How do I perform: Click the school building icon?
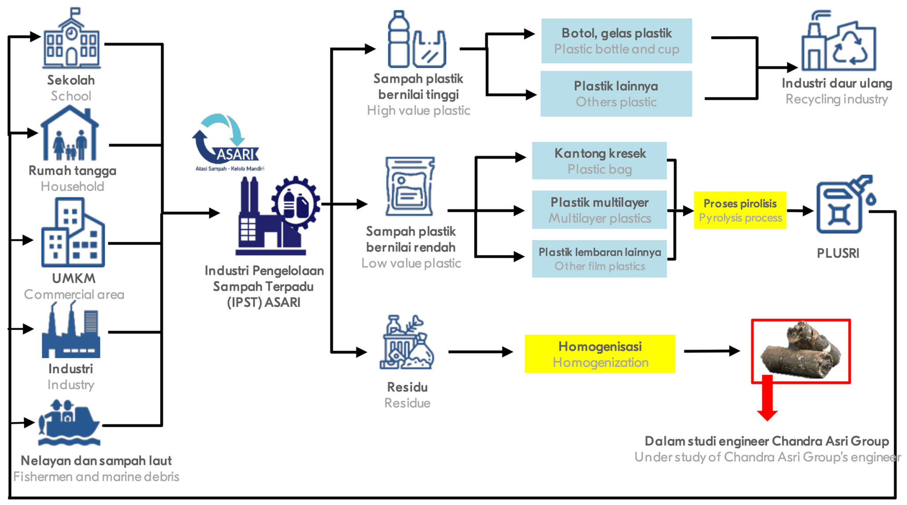71,40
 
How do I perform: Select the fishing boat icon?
69,423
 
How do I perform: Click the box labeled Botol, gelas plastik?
616,41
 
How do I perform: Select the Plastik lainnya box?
616,94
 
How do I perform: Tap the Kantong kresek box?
599,161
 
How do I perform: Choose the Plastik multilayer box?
599,210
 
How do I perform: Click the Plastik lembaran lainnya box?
599,259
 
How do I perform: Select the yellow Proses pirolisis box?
740,210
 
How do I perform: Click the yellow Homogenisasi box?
600,354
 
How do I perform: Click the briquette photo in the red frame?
801,351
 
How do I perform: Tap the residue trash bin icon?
407,343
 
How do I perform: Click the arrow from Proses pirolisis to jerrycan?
800,211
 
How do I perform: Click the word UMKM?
74,279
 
